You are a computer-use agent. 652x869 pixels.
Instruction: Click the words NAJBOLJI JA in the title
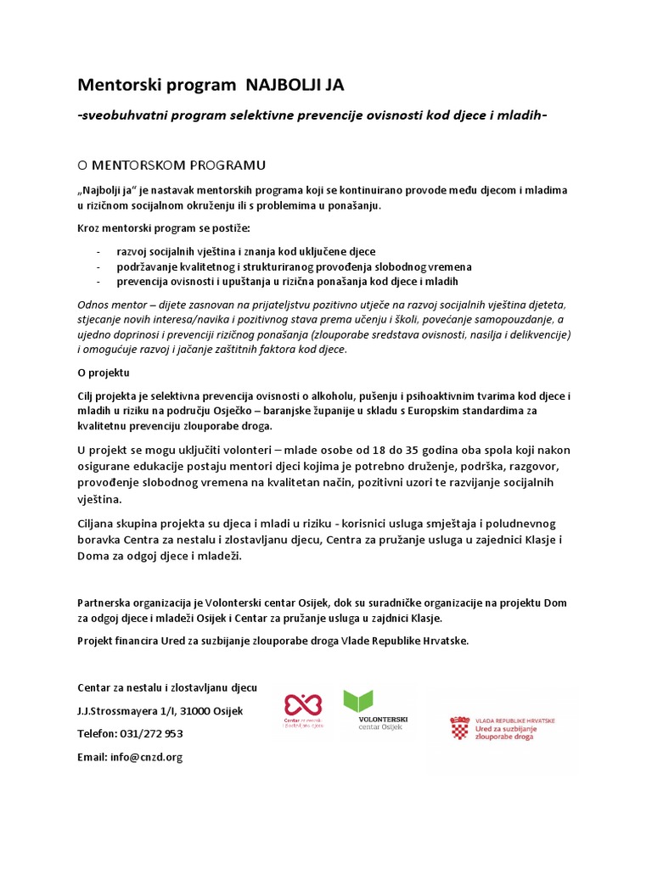point(295,85)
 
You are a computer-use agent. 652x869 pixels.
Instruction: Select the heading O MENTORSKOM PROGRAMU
point(171,163)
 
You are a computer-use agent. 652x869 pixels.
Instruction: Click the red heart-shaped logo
point(303,704)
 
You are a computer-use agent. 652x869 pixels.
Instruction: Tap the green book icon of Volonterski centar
point(357,701)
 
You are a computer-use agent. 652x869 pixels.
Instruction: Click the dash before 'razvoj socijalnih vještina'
point(99,252)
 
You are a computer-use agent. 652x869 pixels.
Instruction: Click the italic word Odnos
point(94,305)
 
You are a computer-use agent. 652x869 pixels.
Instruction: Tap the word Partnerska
point(105,603)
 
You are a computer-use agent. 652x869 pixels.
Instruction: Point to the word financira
point(137,640)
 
